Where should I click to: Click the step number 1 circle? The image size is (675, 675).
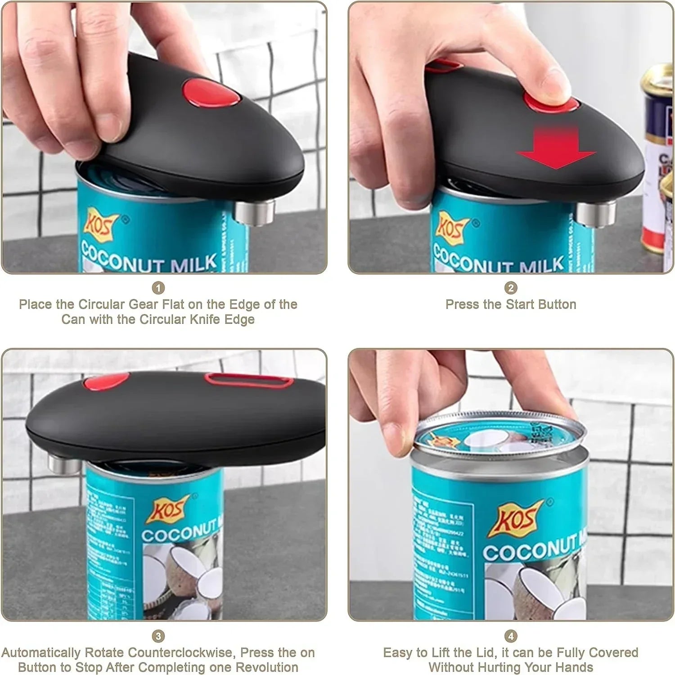tap(158, 288)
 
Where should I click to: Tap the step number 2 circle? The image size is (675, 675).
tap(511, 288)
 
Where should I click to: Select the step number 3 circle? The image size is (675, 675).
tap(158, 636)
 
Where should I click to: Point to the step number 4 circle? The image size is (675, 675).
tap(511, 636)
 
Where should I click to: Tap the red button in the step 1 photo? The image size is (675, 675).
tap(211, 93)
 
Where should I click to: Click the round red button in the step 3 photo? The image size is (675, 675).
tap(107, 382)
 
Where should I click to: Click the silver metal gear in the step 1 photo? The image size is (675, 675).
tap(255, 212)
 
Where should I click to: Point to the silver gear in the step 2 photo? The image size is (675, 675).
tap(596, 214)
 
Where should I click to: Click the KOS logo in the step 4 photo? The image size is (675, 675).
tap(517, 519)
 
